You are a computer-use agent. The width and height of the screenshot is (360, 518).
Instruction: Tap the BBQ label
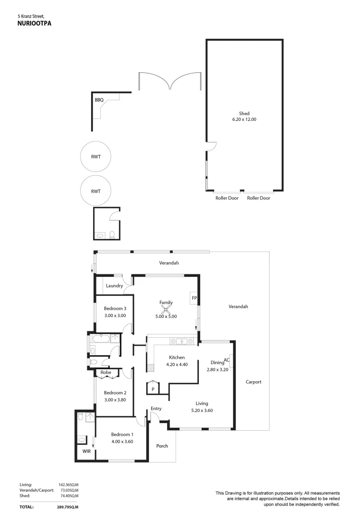pyautogui.click(x=99, y=100)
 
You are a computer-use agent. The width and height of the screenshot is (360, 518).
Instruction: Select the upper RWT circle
pyautogui.click(x=96, y=157)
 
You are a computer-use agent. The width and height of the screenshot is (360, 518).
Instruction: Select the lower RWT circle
pyautogui.click(x=96, y=191)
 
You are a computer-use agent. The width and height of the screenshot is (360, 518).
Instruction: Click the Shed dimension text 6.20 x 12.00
pyautogui.click(x=244, y=119)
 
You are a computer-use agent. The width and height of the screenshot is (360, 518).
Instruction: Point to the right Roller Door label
pyautogui.click(x=259, y=198)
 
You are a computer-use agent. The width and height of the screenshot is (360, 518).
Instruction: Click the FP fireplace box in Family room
pyautogui.click(x=194, y=298)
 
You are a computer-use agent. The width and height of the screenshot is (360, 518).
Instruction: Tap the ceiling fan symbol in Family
pyautogui.click(x=166, y=309)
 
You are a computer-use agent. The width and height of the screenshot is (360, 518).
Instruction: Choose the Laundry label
pyautogui.click(x=115, y=286)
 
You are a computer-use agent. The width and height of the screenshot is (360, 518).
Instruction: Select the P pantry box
pyautogui.click(x=153, y=388)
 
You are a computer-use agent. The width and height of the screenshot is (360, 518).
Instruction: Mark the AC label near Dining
pyautogui.click(x=227, y=359)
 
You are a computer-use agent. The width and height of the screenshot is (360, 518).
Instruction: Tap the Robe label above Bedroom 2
pyautogui.click(x=106, y=372)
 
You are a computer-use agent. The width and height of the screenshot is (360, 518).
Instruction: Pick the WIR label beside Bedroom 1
pyautogui.click(x=86, y=451)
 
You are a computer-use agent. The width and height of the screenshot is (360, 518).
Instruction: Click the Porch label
pyautogui.click(x=162, y=446)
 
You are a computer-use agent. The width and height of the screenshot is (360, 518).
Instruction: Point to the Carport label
pyautogui.click(x=253, y=382)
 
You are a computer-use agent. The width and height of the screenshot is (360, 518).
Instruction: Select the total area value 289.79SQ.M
pyautogui.click(x=67, y=506)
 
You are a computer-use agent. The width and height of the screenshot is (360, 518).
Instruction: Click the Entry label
pyautogui.click(x=156, y=409)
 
